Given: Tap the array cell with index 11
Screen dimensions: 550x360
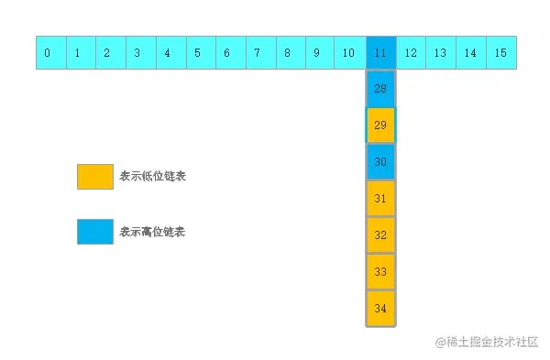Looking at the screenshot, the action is click(x=380, y=53).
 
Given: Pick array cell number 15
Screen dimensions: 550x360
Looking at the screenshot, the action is click(x=500, y=53).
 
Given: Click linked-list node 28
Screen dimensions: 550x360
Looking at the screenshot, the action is click(x=380, y=89).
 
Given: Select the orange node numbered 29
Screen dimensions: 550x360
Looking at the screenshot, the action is click(x=380, y=125).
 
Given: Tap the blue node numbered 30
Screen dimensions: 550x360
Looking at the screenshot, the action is click(x=380, y=161).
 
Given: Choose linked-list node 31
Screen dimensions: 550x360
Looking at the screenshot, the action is click(x=380, y=198).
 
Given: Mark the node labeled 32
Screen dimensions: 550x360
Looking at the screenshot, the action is click(x=380, y=235).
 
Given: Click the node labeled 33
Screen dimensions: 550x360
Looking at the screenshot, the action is click(x=380, y=271).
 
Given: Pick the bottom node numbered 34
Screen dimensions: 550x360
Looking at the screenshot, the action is click(x=380, y=308).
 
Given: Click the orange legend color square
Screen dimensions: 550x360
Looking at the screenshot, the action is click(x=95, y=177).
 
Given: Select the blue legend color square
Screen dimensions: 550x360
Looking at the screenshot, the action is click(x=95, y=232).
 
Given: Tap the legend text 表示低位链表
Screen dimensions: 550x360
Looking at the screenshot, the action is click(x=152, y=177).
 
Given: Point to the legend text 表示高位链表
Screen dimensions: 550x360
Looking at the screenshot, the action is click(x=152, y=232).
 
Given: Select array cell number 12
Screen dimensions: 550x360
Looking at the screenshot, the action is click(x=411, y=53).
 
